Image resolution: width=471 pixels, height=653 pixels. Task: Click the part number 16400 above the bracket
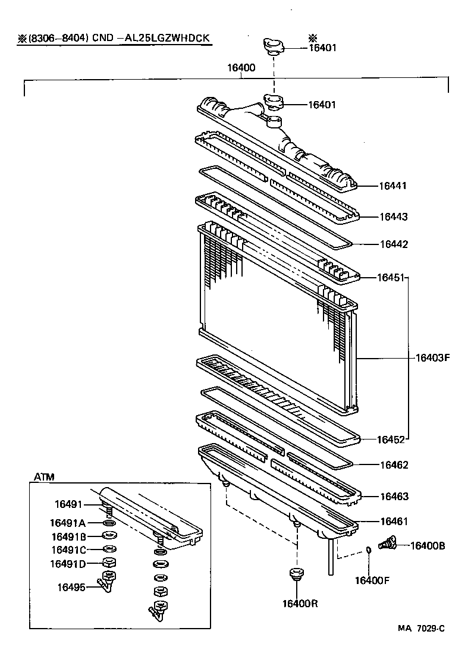[x=241, y=68]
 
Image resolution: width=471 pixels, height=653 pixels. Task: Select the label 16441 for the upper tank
[x=393, y=186]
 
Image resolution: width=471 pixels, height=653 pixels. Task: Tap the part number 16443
[x=393, y=216]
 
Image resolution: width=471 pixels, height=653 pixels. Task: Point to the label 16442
[x=393, y=244]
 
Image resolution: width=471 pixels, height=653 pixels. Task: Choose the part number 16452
[x=391, y=440]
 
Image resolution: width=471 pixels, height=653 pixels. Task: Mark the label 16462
[x=393, y=464]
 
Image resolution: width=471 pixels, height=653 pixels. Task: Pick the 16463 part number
[x=393, y=496]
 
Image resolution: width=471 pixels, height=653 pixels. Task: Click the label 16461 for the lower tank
[x=393, y=522]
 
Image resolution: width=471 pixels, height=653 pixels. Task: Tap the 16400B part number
[x=428, y=545]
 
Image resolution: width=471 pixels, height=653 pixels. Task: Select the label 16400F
[x=372, y=580]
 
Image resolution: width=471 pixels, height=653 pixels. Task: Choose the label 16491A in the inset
[x=68, y=523]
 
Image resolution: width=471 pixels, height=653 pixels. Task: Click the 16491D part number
[x=68, y=563]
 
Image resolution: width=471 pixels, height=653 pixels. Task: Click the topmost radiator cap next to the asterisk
[x=274, y=46]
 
